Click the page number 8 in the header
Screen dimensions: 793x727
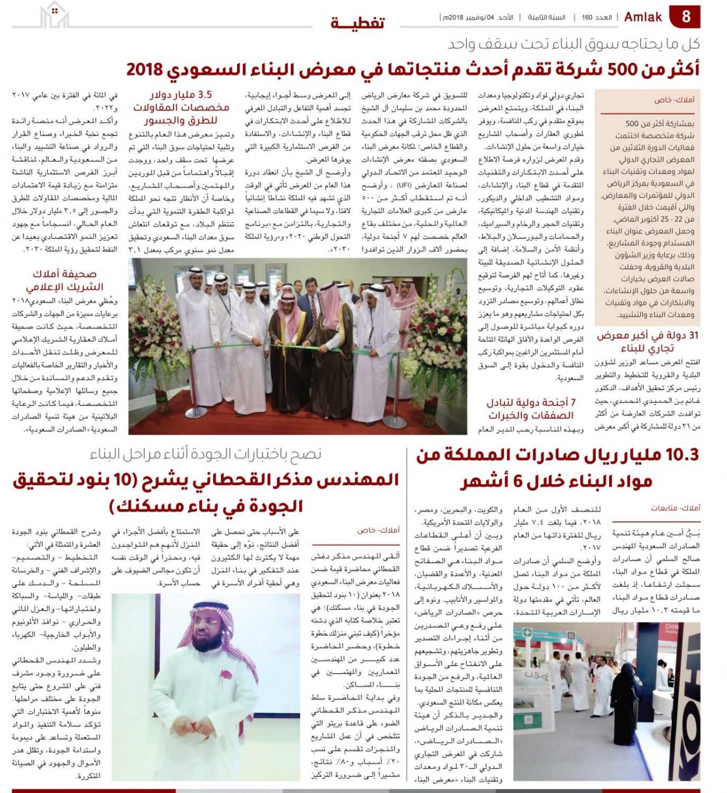686,16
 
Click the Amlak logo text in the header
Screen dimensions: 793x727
643,17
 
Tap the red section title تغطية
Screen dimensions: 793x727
357,23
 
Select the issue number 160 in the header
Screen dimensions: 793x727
587,17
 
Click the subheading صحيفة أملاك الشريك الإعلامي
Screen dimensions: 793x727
65,280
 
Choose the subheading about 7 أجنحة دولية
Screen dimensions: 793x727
531,409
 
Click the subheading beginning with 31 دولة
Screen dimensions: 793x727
647,342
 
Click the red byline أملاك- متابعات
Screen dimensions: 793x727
675,508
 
